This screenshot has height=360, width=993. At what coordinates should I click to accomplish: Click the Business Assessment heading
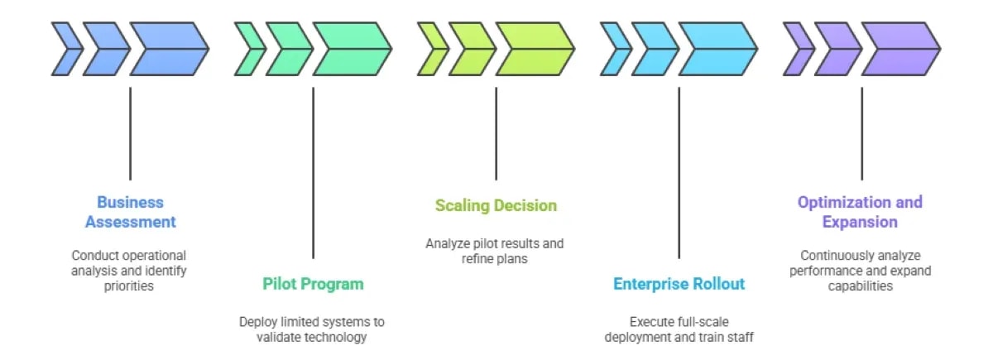click(130, 212)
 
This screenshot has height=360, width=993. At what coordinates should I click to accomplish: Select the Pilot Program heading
click(313, 284)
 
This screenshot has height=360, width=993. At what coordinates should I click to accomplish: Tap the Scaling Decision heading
click(496, 205)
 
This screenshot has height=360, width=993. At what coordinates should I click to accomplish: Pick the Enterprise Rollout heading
click(679, 284)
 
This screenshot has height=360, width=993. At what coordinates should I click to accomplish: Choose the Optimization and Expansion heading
click(860, 212)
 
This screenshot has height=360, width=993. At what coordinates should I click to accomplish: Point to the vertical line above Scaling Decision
click(496, 132)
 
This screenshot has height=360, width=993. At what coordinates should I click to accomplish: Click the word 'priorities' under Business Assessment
click(130, 286)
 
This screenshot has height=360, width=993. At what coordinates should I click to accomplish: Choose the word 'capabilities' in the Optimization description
click(860, 286)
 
